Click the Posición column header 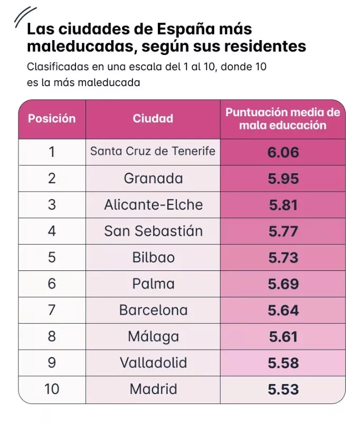point(52,118)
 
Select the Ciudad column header point(153,118)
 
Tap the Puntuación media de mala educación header point(282,119)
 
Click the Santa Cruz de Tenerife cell point(153,152)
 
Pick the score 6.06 point(283,153)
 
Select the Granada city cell point(153,179)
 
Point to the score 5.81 point(283,205)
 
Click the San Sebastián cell point(153,231)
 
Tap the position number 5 point(52,258)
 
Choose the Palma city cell point(153,284)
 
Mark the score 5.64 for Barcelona point(283,311)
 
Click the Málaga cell point(153,337)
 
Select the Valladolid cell point(153,363)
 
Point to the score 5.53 point(283,390)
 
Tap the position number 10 point(52,390)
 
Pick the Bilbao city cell point(153,258)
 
